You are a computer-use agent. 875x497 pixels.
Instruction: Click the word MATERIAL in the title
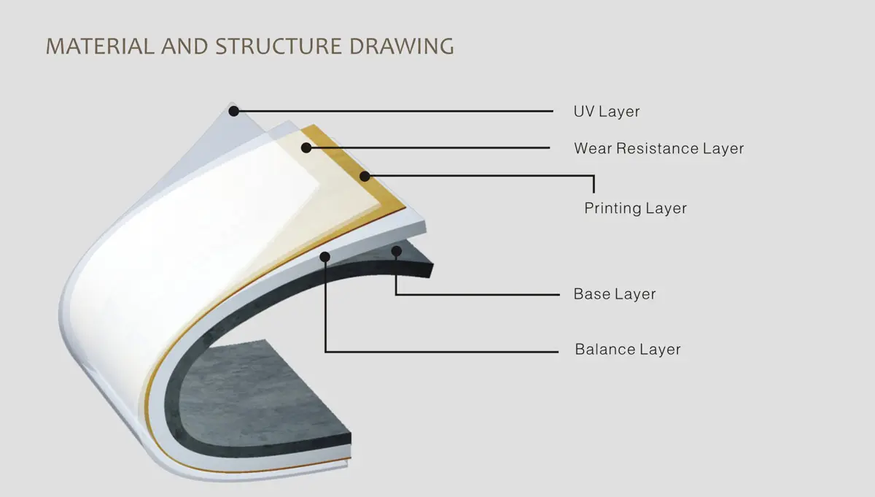coord(101,46)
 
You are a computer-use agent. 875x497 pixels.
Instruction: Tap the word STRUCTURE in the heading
coord(279,46)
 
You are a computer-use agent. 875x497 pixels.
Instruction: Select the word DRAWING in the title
coord(402,46)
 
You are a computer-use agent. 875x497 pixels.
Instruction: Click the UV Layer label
coord(607,112)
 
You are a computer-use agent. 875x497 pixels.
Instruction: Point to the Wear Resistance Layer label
coord(659,149)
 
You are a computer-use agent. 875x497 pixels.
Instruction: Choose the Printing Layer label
coord(636,209)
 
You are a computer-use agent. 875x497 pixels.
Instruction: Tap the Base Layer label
coord(615,294)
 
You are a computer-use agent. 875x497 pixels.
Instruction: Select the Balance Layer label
coord(628,349)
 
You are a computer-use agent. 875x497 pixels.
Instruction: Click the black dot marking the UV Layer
coord(233,111)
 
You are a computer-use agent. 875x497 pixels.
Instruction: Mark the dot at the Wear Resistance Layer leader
coord(306,148)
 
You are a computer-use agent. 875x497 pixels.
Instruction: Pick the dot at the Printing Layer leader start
coord(365,177)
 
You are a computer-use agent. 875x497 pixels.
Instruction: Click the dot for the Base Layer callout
coord(397,251)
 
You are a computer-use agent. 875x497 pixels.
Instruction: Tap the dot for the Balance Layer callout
coord(324,257)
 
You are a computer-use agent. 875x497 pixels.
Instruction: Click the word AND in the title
coord(184,46)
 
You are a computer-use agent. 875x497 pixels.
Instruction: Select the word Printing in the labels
coord(612,209)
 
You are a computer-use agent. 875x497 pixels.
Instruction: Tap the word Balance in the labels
coord(605,349)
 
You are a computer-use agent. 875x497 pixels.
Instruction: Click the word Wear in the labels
coord(593,149)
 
